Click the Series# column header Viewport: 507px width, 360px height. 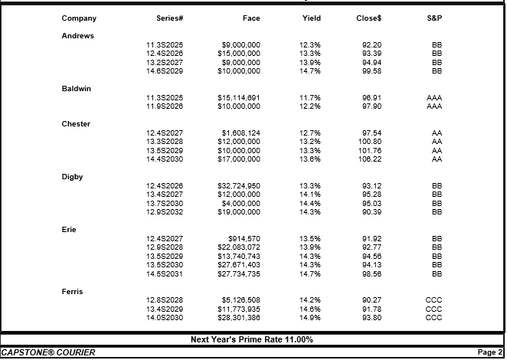[170, 18]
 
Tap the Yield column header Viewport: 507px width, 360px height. [312, 18]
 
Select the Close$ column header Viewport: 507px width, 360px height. [369, 18]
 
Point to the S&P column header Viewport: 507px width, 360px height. [434, 18]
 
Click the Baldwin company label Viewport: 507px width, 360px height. [77, 89]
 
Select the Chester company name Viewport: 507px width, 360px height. [76, 124]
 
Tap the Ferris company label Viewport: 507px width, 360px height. [72, 291]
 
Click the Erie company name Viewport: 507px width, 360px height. [69, 230]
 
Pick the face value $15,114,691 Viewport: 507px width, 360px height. [239, 98]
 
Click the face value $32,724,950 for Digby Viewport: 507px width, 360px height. [239, 185]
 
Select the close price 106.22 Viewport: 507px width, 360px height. [370, 159]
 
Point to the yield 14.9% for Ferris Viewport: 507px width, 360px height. [310, 318]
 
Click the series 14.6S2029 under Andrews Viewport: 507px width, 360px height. [165, 70]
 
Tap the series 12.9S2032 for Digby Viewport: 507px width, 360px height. [165, 212]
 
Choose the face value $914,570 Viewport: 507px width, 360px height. [244, 239]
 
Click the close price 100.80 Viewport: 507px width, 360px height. [370, 142]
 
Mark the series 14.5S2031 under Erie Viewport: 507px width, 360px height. [165, 274]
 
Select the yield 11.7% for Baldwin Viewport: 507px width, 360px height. [310, 98]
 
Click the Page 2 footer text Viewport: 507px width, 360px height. [490, 352]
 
